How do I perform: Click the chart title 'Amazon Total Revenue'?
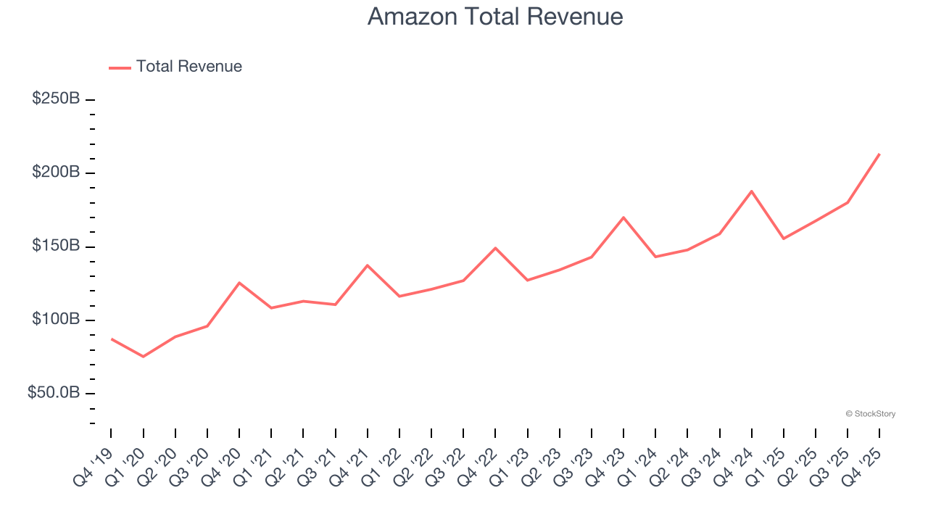[495, 16]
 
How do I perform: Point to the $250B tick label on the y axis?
[56, 99]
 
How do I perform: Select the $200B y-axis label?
[56, 173]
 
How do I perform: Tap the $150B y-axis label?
[56, 246]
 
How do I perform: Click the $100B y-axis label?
[56, 320]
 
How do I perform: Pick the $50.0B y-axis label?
[54, 393]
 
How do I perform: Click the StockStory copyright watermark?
[870, 414]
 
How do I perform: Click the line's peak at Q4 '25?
[879, 154]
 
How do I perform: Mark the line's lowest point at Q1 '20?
[143, 357]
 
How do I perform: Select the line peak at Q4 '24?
[752, 191]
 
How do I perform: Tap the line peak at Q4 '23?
[623, 217]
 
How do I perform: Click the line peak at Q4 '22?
[495, 248]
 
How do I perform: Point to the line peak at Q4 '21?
[368, 265]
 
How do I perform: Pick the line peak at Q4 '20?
[239, 283]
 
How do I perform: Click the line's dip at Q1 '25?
[784, 239]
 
